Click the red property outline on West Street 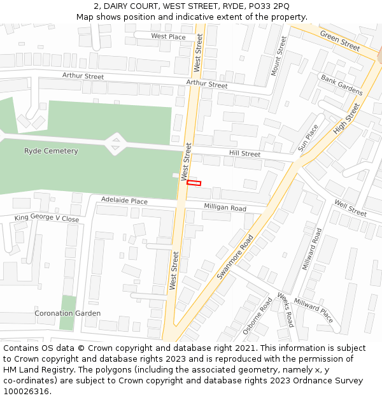point(194,183)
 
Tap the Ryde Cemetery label point(51,151)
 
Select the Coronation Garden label point(67,313)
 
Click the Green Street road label point(340,40)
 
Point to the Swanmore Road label point(235,257)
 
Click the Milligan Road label point(225,208)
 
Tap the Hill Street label point(244,154)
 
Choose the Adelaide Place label point(124,201)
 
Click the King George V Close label point(47,218)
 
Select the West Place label point(168,37)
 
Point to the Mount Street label point(279,56)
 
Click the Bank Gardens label point(341,85)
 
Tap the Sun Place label point(308,138)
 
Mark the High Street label point(346,118)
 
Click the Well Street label point(350,208)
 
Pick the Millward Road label point(312,248)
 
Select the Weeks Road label point(285,310)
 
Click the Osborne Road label point(257,316)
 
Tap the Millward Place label point(313,310)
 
